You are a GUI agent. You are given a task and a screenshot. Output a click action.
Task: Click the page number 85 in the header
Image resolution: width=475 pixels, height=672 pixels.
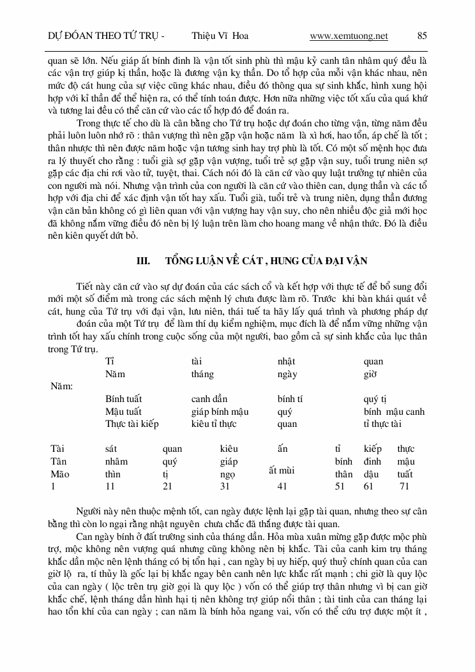coord(422,36)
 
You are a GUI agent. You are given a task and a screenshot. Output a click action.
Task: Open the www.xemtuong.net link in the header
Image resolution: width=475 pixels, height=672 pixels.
coord(349,36)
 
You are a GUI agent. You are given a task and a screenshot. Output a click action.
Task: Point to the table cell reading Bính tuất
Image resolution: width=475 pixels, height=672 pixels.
coord(123,399)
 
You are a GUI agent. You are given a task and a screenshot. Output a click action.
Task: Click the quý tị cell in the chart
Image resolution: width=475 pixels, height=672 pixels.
coord(375,399)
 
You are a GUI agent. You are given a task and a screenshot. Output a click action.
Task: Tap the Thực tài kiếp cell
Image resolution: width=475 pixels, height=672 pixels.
coord(132,424)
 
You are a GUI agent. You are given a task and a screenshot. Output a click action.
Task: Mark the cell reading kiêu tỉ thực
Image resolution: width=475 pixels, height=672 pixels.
coord(214,424)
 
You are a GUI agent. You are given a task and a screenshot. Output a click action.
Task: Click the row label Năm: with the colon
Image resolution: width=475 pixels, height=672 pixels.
coord(61,386)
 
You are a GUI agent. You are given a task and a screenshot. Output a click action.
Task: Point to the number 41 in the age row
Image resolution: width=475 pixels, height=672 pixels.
coord(283,486)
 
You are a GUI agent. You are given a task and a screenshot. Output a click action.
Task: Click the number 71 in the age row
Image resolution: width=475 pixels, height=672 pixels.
coord(404,486)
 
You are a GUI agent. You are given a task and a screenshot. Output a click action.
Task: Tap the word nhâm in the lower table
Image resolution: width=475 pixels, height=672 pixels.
coord(116,461)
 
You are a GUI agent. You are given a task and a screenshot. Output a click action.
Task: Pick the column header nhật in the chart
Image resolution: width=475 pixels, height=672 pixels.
coord(287,361)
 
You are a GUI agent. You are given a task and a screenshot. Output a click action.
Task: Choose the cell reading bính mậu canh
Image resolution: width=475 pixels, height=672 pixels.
coord(394,412)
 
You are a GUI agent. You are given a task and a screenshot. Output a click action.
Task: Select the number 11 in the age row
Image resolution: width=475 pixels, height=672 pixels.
coord(110,486)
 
